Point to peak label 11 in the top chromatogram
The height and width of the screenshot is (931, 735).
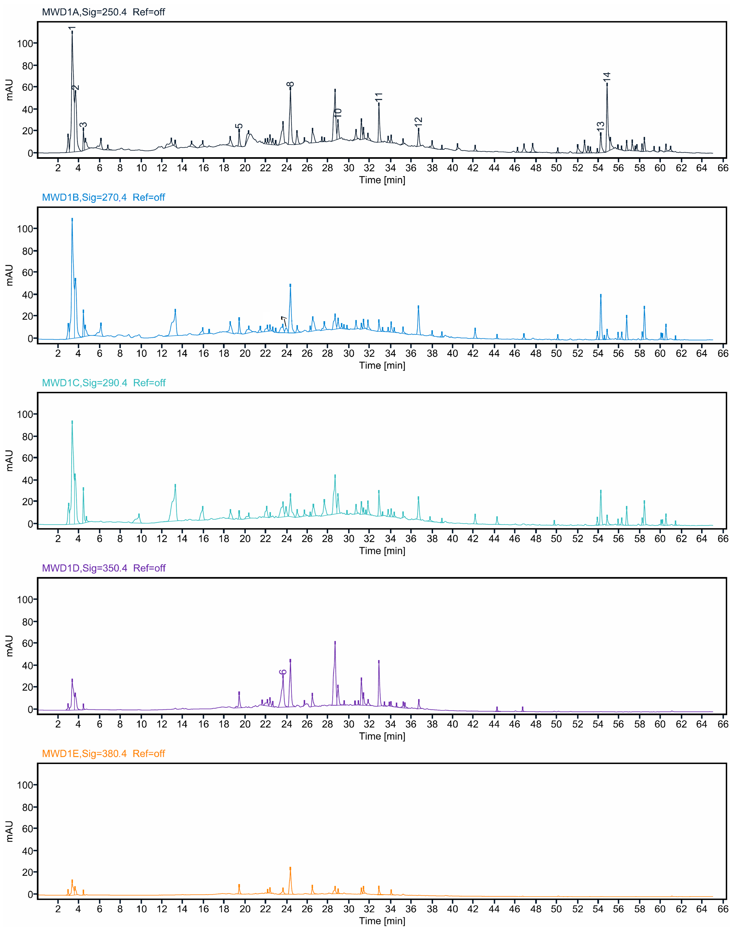(379, 97)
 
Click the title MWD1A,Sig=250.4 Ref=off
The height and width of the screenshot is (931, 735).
(103, 12)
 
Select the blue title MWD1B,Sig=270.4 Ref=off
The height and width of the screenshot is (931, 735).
(103, 197)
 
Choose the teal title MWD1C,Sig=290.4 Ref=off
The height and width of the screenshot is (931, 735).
(103, 383)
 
